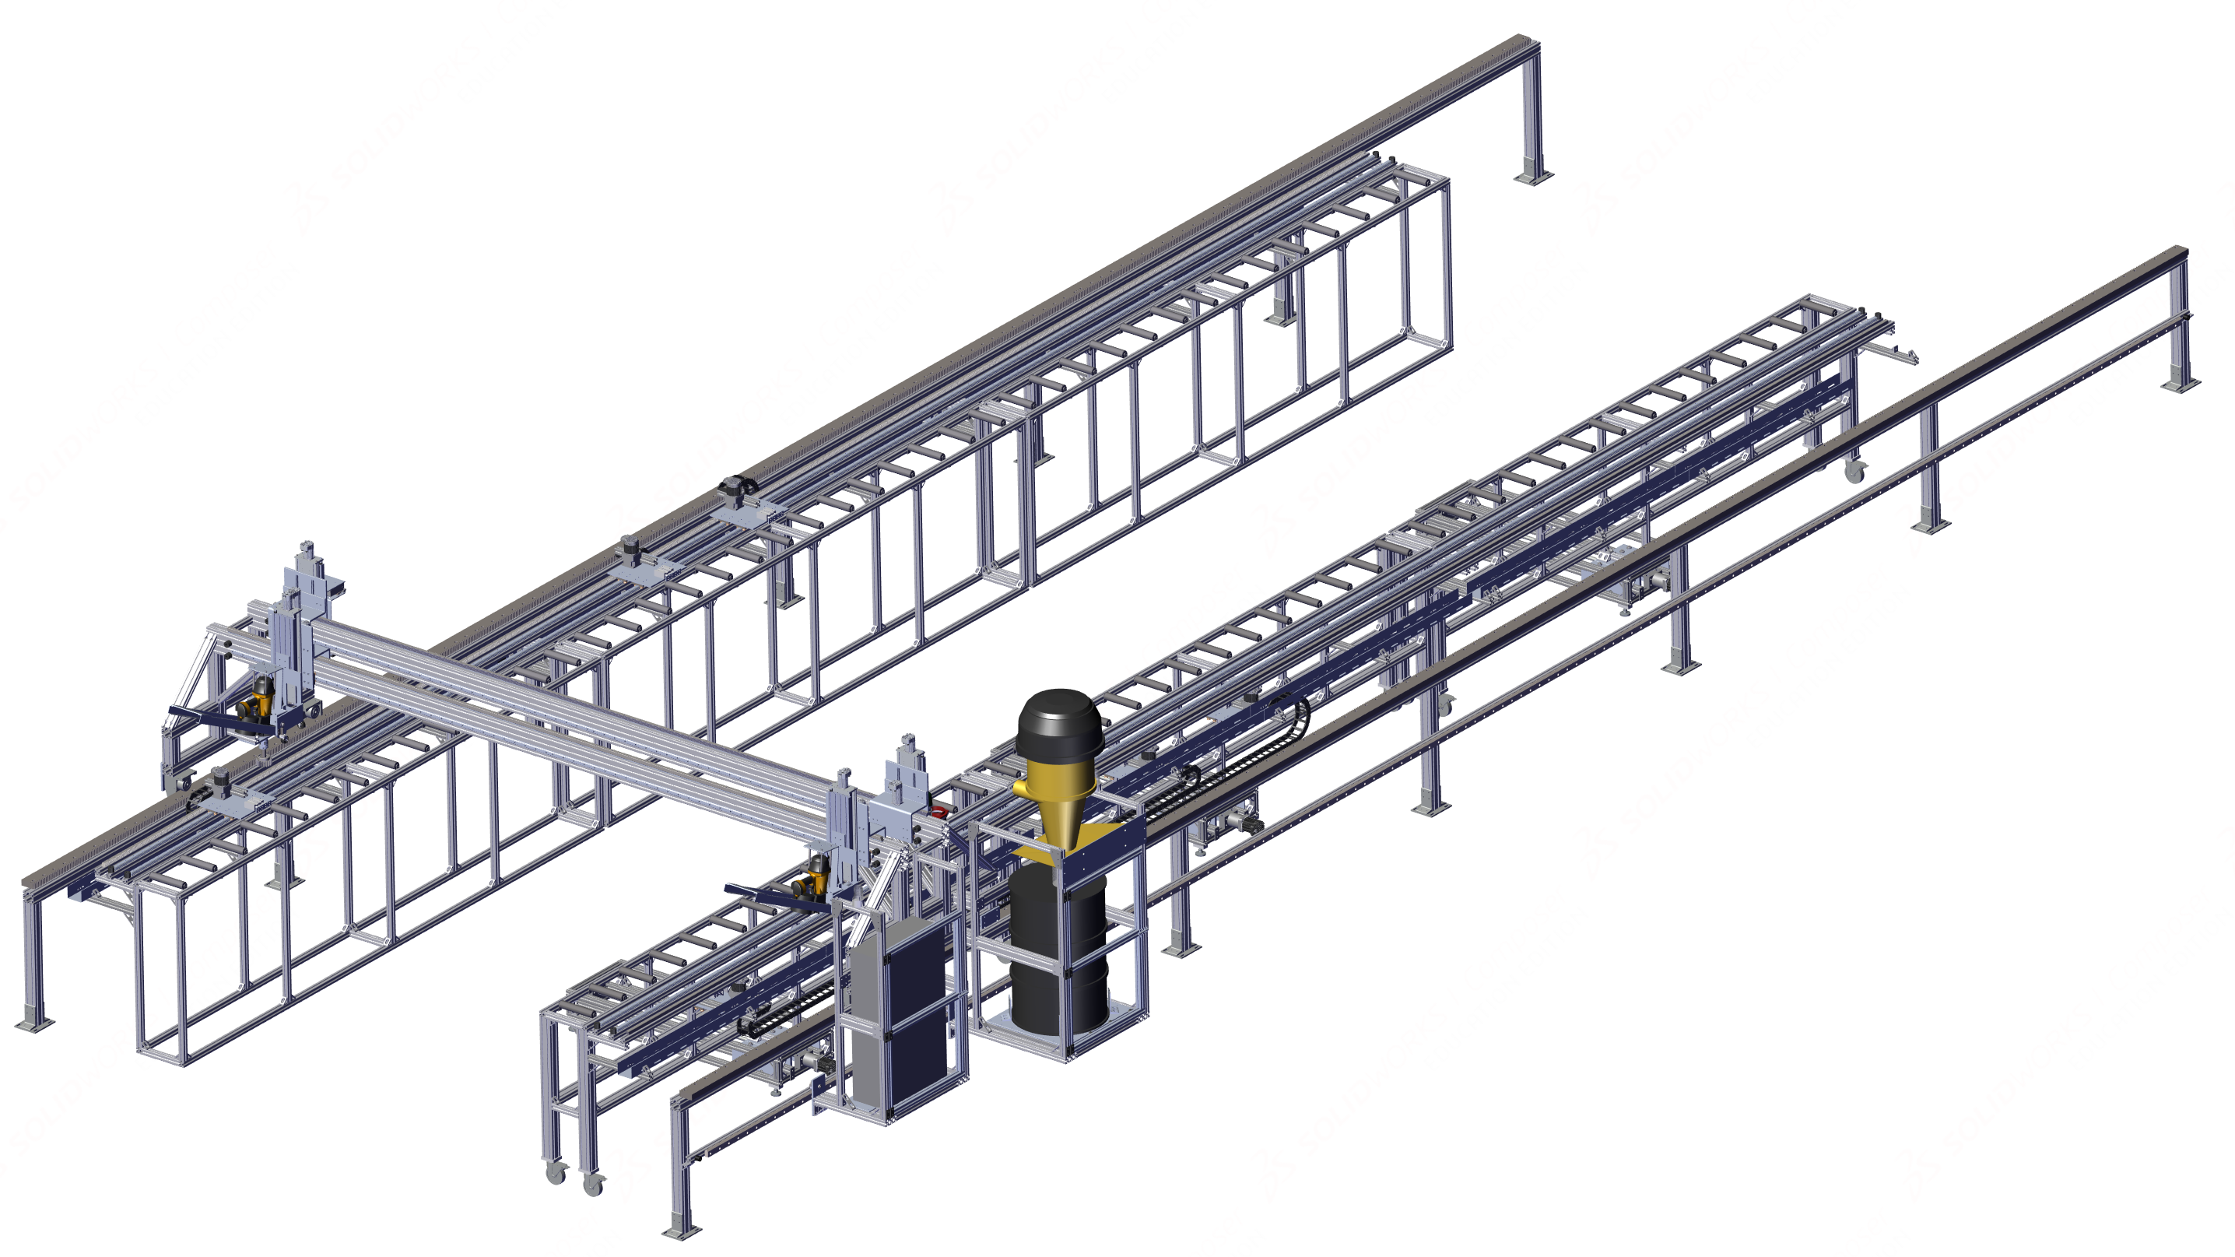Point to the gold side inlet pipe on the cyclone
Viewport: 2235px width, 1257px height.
pos(1024,787)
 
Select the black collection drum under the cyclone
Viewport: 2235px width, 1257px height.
pos(1058,954)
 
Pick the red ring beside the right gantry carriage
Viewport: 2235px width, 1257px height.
pos(938,812)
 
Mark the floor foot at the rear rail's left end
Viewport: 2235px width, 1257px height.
pos(32,1023)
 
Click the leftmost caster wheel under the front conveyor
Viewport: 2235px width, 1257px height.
pos(554,1174)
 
